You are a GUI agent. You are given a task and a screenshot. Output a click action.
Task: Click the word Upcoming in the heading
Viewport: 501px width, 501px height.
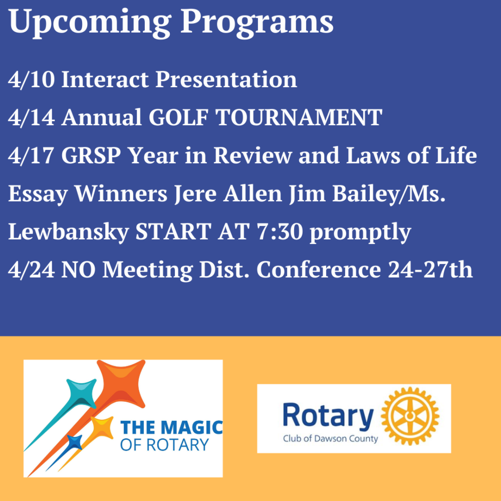tap(90, 22)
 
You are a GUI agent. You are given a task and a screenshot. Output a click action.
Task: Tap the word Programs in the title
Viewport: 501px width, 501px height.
tap(257, 22)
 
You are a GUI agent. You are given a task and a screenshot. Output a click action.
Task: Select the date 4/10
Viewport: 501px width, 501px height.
tap(31, 79)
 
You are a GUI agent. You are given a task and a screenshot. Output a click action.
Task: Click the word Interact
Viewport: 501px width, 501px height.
tap(105, 79)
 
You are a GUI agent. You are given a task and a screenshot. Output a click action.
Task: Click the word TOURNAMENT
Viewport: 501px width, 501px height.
tap(299, 117)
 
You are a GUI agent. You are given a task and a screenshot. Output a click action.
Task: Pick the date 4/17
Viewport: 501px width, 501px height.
tap(31, 156)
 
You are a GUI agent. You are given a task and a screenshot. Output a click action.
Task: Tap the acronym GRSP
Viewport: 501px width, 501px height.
tap(91, 156)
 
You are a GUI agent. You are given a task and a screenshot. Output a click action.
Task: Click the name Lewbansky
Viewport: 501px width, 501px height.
tap(68, 231)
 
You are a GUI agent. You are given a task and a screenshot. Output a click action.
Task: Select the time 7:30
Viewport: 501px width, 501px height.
tap(280, 231)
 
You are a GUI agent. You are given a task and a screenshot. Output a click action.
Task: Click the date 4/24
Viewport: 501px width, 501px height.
tap(31, 270)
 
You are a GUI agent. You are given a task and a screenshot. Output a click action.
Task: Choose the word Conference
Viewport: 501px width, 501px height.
tap(319, 270)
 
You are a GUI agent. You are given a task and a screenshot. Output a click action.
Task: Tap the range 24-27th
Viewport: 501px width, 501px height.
tap(430, 270)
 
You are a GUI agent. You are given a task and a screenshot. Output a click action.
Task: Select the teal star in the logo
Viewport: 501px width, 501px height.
tap(82, 393)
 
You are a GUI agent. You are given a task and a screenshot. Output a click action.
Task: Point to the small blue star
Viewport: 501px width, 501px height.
tap(75, 442)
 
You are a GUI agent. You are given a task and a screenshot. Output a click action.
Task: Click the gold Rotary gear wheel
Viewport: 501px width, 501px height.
tap(410, 416)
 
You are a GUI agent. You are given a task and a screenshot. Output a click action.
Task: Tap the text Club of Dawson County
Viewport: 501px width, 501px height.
tap(330, 439)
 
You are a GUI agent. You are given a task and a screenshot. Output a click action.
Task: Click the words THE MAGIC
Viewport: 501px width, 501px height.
tap(171, 427)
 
